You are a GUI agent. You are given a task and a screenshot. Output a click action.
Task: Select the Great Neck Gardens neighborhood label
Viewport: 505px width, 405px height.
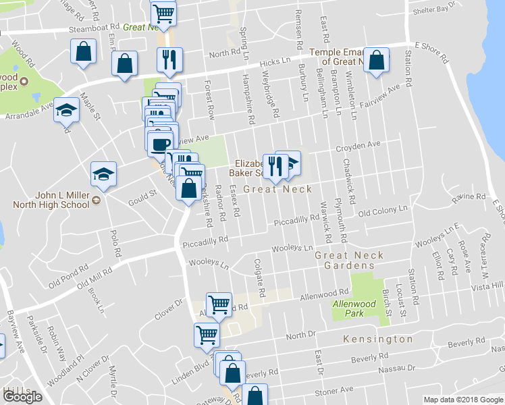coord(349,260)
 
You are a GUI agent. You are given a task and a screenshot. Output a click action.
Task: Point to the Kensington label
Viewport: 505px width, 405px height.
coord(377,338)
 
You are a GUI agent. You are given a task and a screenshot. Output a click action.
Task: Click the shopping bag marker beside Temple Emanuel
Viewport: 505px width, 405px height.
coord(377,59)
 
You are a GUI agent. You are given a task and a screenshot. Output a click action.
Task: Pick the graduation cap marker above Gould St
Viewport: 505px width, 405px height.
coord(103,175)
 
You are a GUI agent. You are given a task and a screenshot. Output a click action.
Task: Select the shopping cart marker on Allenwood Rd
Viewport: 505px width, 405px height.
coord(219,305)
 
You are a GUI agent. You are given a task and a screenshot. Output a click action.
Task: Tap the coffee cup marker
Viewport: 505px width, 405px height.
coord(161,144)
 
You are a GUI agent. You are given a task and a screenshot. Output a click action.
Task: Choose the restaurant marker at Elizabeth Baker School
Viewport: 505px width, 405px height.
coord(275,165)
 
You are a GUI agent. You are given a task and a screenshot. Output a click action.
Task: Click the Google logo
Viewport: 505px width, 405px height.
coord(22,397)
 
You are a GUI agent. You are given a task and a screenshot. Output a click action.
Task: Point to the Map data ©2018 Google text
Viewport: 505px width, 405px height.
coord(463,400)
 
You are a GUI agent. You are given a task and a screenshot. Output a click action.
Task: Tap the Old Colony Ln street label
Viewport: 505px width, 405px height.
coord(383,212)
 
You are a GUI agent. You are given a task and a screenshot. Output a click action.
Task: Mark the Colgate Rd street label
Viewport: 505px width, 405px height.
coord(259,277)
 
